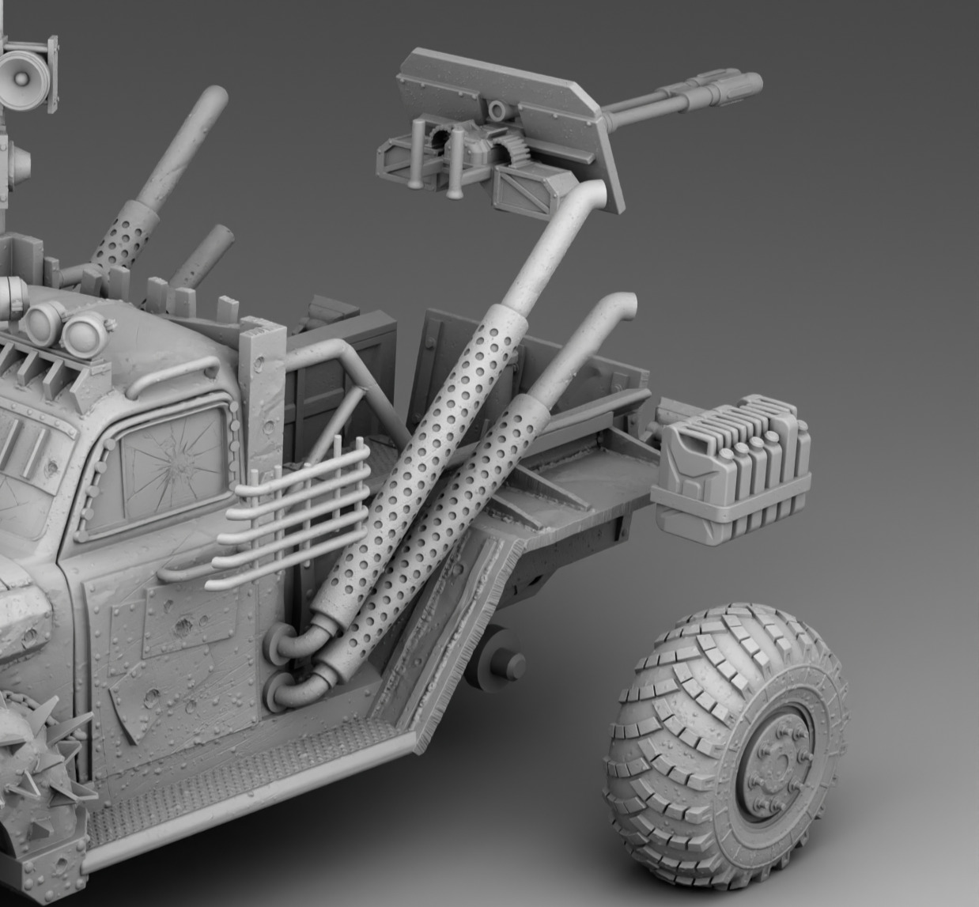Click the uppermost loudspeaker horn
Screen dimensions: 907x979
coord(22,74)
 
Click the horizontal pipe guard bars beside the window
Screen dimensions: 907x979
coord(293,514)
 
